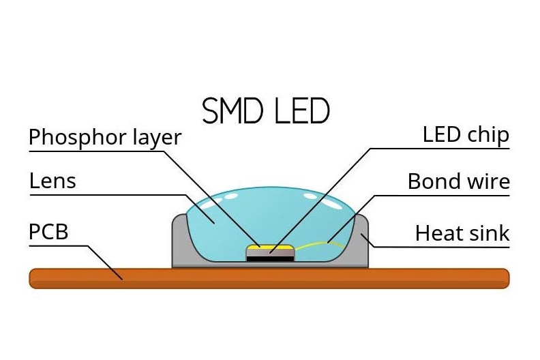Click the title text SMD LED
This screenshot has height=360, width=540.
point(266,111)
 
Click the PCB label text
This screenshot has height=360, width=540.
point(48,232)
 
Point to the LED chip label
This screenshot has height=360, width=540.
point(466,135)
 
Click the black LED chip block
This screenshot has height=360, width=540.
point(270,258)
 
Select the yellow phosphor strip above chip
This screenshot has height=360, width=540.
point(270,246)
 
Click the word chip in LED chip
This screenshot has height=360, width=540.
point(487,135)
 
